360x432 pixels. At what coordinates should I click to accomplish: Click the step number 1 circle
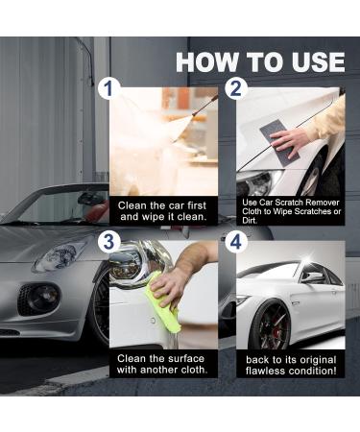[x=109, y=88]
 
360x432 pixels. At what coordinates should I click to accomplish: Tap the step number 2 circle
[x=236, y=88]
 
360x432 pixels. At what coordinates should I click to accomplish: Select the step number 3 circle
[x=109, y=242]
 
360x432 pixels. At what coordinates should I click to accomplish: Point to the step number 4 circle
[x=236, y=242]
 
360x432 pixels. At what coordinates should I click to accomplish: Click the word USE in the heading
[x=318, y=61]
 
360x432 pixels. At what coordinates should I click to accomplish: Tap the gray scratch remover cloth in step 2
[x=279, y=143]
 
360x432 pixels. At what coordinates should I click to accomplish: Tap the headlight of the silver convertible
[x=60, y=255]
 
